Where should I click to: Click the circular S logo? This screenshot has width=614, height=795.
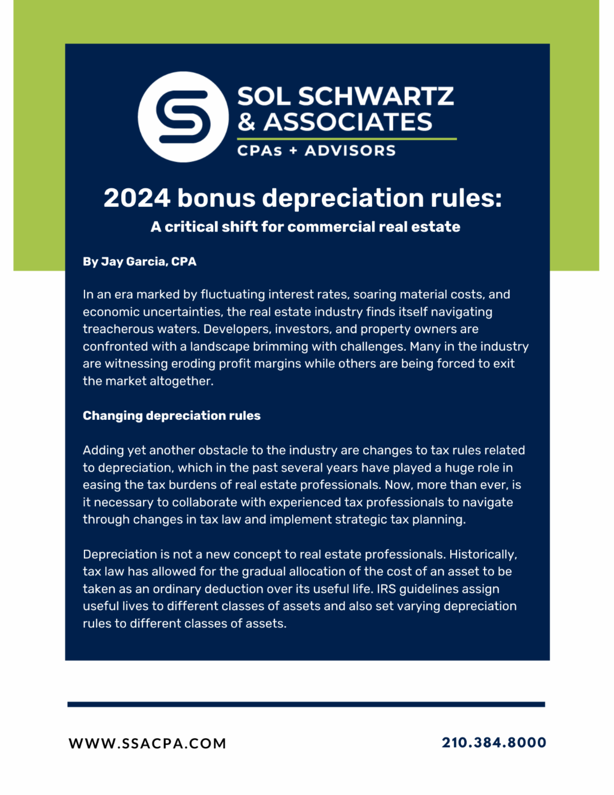click(183, 117)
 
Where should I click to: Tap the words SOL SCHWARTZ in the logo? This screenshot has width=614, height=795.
click(345, 97)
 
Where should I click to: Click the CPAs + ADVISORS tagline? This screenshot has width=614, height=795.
click(316, 151)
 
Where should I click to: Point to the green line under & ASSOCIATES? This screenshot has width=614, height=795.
click(346, 139)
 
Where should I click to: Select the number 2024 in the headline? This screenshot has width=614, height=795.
click(137, 198)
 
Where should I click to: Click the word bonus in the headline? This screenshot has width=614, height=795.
click(216, 198)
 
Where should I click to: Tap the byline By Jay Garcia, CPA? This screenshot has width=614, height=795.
click(140, 262)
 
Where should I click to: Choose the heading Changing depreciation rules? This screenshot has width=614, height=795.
click(171, 416)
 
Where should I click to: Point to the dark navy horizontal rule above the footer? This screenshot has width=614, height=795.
click(306, 704)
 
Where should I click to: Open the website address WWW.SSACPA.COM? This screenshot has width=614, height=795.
click(147, 743)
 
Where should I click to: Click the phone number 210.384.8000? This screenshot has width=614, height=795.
click(494, 742)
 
